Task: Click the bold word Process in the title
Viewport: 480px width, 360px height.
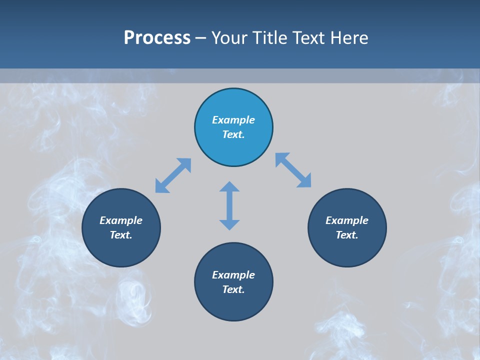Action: pyautogui.click(x=157, y=38)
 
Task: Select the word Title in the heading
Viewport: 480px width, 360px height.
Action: pyautogui.click(x=269, y=38)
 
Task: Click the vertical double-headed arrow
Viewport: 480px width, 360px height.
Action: pyautogui.click(x=229, y=205)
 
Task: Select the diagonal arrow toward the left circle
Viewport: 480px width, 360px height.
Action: pyautogui.click(x=173, y=175)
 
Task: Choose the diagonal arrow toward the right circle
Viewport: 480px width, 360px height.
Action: pyautogui.click(x=293, y=170)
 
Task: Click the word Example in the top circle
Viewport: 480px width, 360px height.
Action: pyautogui.click(x=233, y=120)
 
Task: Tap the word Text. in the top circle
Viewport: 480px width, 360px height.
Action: pyautogui.click(x=233, y=134)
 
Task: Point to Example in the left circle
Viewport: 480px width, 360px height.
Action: pyautogui.click(x=121, y=220)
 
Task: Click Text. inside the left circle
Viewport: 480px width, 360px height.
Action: pyautogui.click(x=121, y=235)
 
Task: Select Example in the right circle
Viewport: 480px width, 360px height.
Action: pyautogui.click(x=347, y=220)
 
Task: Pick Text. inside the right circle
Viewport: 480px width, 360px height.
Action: pyautogui.click(x=347, y=235)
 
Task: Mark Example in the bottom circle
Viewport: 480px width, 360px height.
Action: pyautogui.click(x=233, y=275)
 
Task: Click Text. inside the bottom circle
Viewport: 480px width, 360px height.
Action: pyautogui.click(x=233, y=289)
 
